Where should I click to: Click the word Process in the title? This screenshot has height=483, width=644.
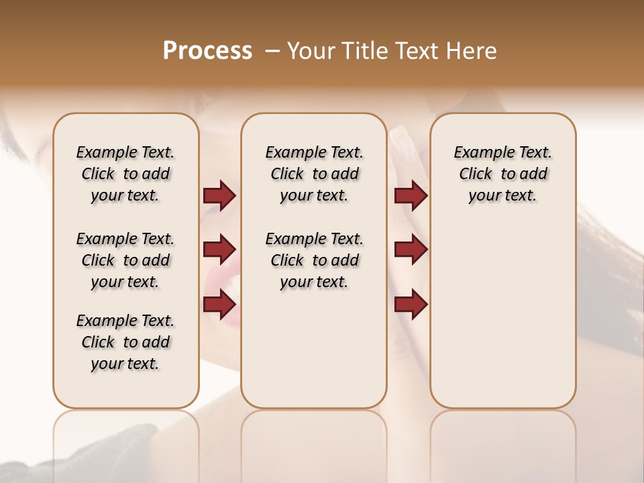(207, 51)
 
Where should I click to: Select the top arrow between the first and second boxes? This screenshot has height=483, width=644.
(219, 195)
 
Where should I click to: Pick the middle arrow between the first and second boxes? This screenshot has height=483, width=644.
(219, 250)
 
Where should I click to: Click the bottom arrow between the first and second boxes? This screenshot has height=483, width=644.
(219, 304)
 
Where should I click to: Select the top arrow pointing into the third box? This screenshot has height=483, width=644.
(411, 195)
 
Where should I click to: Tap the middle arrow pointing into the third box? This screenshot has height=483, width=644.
(411, 250)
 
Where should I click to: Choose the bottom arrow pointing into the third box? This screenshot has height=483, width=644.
(411, 304)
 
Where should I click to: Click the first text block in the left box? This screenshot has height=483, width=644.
(125, 174)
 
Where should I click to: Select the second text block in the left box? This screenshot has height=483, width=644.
(125, 260)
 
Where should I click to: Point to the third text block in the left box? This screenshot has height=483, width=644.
(125, 342)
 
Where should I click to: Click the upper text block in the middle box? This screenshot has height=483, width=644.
(314, 174)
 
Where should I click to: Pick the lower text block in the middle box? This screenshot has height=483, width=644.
(314, 260)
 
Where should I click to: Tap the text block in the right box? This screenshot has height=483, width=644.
(502, 174)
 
